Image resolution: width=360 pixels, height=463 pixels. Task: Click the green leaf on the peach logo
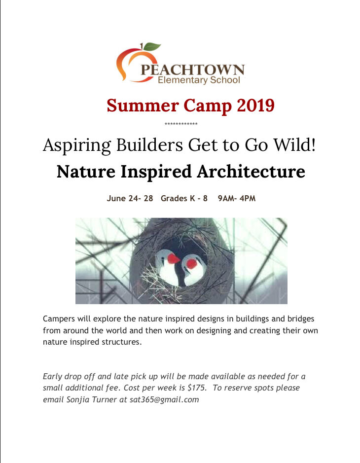(x=152, y=47)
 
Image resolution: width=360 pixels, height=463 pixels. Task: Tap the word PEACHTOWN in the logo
(x=192, y=70)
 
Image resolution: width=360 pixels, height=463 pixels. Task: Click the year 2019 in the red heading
(x=256, y=105)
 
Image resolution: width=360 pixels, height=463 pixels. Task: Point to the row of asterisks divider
(x=181, y=124)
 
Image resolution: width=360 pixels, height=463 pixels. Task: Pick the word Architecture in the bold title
(x=251, y=171)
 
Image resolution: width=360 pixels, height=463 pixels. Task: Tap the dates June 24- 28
(x=130, y=198)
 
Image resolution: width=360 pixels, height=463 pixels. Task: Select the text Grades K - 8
(x=184, y=198)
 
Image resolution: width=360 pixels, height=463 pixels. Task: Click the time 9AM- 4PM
(x=237, y=198)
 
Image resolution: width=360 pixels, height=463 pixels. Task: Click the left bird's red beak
(x=174, y=259)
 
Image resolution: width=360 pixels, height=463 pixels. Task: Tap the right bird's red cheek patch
(x=192, y=264)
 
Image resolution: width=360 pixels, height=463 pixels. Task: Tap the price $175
(x=197, y=388)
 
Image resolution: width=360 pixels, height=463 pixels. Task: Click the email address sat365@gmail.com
(x=164, y=400)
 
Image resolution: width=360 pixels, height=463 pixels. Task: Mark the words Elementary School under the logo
(x=199, y=80)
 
